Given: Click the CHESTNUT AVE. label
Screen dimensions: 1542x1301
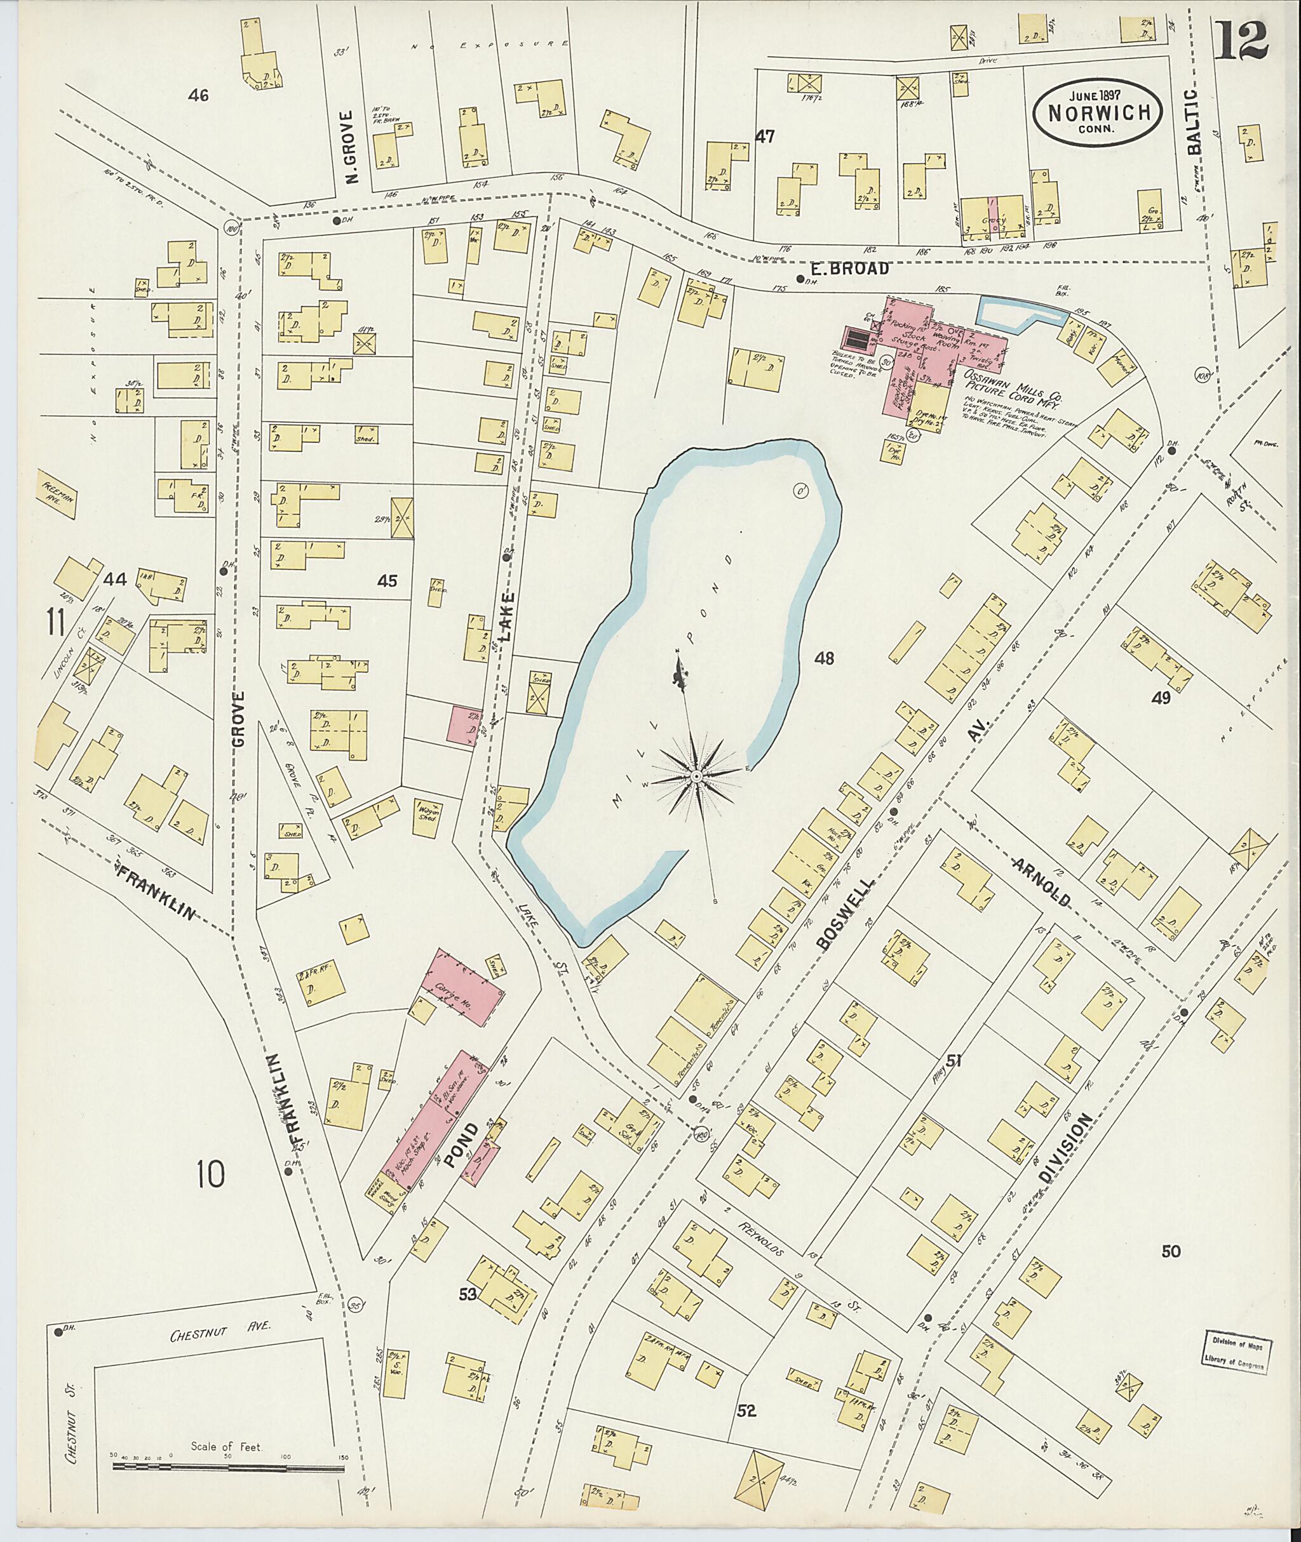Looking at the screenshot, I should coord(220,1324).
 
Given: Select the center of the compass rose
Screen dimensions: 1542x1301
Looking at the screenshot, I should coord(696,776).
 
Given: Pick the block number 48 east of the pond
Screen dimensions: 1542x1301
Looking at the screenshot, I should coord(824,658).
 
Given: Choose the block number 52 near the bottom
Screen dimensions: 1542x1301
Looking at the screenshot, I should coord(746,1411).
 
